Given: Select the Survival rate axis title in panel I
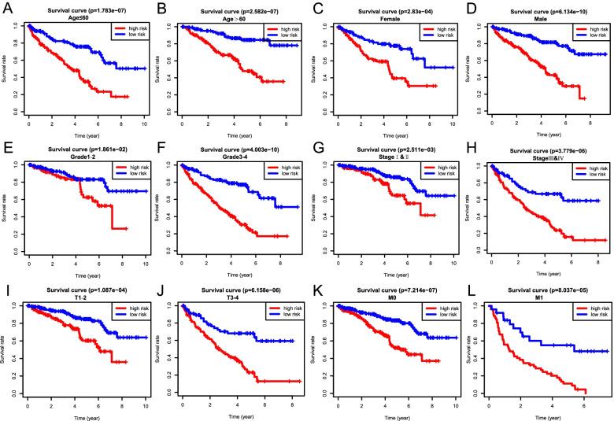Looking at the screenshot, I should tap(6, 347).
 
